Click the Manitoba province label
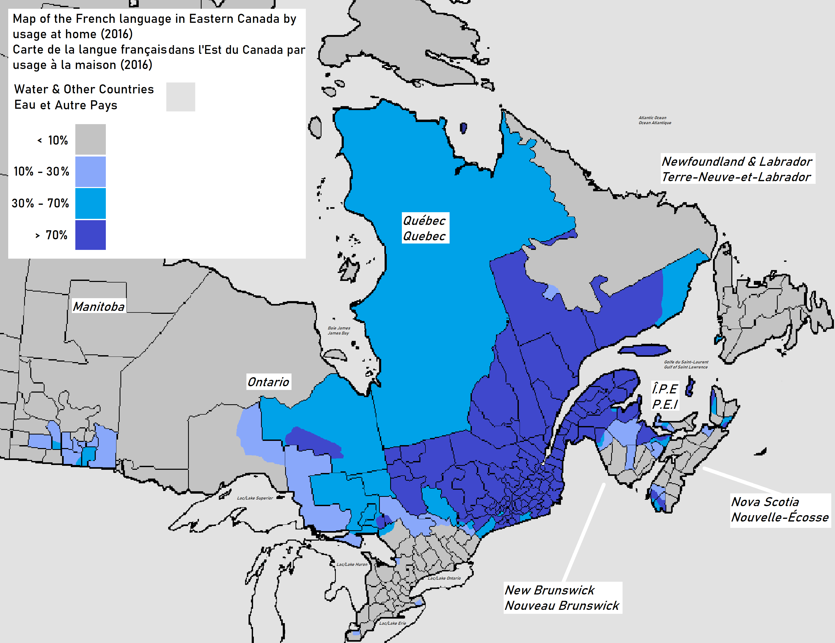(x=99, y=306)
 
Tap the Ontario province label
(x=268, y=381)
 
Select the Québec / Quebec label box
(x=424, y=228)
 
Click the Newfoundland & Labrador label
(x=737, y=169)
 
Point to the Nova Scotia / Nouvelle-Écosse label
(x=780, y=510)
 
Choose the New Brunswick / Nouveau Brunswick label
(x=562, y=598)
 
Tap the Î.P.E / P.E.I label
(x=665, y=396)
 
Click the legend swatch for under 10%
(x=90, y=139)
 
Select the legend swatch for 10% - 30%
(x=90, y=172)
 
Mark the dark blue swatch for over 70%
(x=90, y=235)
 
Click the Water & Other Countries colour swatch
(x=180, y=97)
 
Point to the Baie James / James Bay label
(x=339, y=330)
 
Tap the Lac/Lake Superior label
(x=255, y=498)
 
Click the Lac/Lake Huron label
(x=352, y=564)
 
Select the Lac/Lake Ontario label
(x=444, y=578)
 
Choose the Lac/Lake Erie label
(x=392, y=623)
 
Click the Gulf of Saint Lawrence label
(x=686, y=364)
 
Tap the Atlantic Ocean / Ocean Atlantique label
(x=655, y=120)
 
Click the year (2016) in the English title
(x=117, y=34)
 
